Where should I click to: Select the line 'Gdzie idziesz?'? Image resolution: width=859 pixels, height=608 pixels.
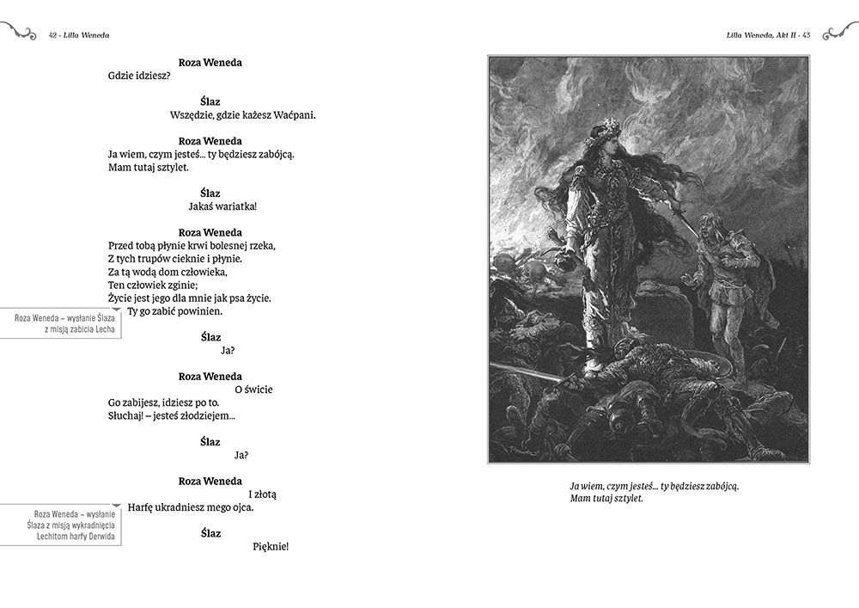[x=139, y=76]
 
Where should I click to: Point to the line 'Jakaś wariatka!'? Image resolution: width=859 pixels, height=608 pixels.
[x=222, y=206]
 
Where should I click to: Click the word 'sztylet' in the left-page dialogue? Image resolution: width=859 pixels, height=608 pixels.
[x=168, y=167]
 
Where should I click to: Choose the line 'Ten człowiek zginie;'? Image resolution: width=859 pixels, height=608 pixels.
[x=154, y=285]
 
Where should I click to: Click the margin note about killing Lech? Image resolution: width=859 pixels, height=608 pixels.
[x=60, y=323]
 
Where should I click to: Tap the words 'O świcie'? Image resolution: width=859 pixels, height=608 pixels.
[x=253, y=390]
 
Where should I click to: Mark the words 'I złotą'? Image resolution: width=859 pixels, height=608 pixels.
[x=262, y=494]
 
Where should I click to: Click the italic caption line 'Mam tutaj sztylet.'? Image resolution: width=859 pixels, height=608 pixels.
[x=606, y=499]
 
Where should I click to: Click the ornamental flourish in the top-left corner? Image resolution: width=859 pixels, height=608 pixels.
[x=19, y=33]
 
